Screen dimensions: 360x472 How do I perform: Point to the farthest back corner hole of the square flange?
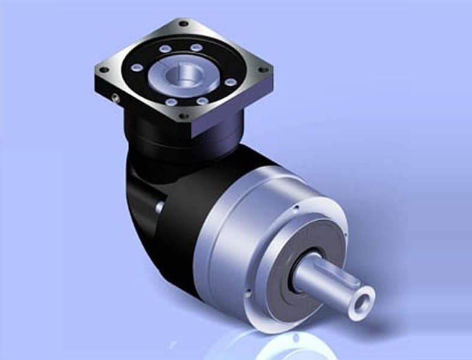pos(183,24)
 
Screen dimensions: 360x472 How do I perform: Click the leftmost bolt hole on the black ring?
pos(137,67)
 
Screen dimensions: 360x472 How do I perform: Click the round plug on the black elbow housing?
pos(160,206)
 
